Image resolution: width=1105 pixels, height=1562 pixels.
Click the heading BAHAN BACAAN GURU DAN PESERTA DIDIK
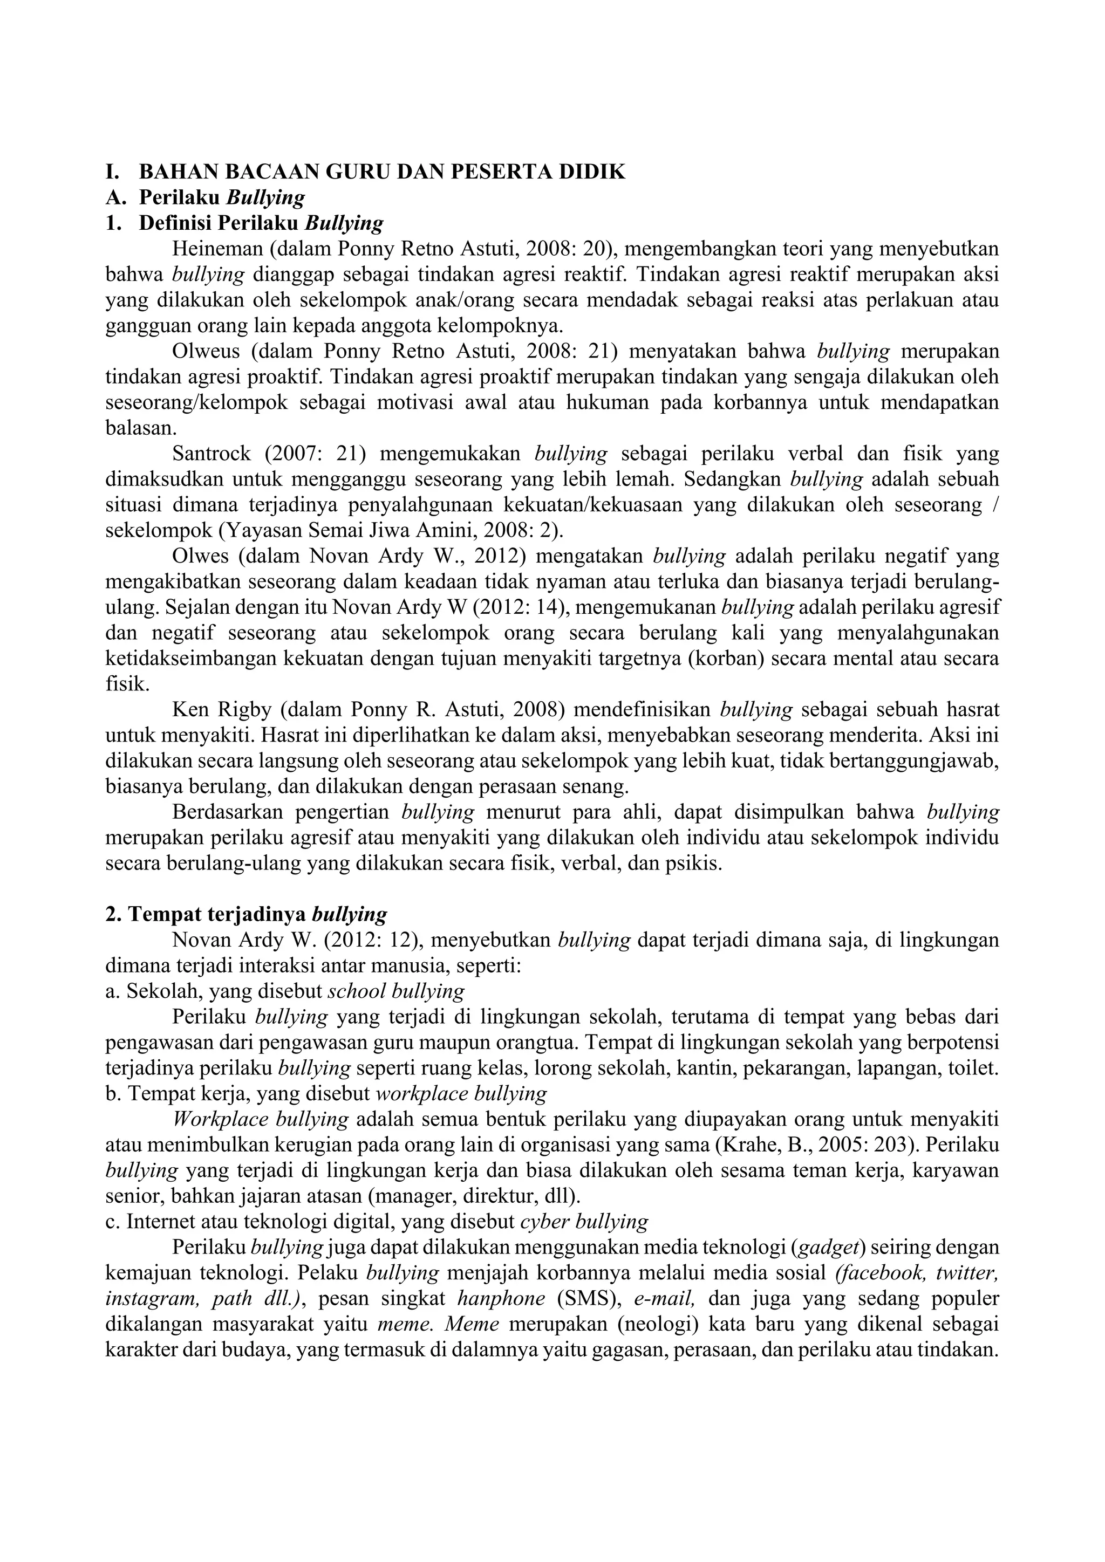(x=381, y=172)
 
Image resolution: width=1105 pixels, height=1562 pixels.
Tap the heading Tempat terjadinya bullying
(x=258, y=914)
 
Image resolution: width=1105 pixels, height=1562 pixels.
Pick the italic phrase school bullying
(x=396, y=991)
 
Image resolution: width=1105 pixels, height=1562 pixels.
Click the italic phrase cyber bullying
(x=584, y=1222)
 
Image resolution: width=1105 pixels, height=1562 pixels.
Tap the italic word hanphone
(x=501, y=1299)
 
